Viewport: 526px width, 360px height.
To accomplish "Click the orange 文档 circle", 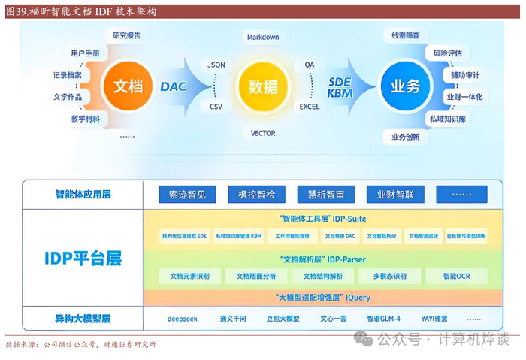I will (x=127, y=86).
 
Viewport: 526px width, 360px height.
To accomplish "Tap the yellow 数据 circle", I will (x=262, y=85).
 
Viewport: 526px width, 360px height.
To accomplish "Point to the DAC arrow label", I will (x=174, y=86).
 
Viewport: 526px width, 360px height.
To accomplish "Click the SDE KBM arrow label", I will (x=340, y=87).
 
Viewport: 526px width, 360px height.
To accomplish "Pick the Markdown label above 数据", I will (x=262, y=37).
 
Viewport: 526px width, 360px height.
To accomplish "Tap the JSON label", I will (x=216, y=65).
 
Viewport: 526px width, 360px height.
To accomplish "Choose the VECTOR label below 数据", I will (x=263, y=133).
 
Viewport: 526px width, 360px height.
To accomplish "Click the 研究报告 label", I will (x=127, y=35).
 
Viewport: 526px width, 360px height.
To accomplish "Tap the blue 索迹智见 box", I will (x=186, y=195).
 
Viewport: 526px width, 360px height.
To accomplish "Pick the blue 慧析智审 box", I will (x=326, y=195).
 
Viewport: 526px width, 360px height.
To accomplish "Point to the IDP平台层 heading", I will (x=83, y=259).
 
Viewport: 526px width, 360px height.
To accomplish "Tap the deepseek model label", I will (x=183, y=318).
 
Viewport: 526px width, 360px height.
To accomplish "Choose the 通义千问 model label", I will (x=233, y=318).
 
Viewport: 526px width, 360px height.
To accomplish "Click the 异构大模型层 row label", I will (x=83, y=318).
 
